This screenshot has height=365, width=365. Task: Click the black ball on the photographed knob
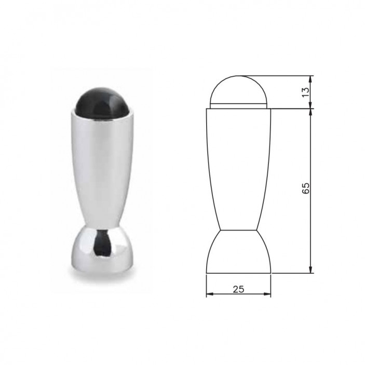[x=101, y=104]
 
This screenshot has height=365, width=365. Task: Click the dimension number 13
[x=305, y=92]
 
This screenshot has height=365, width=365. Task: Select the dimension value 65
[x=305, y=188]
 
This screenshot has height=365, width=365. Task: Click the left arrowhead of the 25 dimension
[x=209, y=294]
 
